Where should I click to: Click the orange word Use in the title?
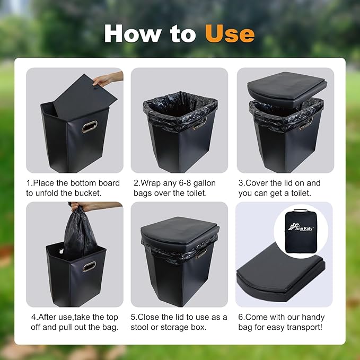point(230,33)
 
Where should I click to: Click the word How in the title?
point(133,33)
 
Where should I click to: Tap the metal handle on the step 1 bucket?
point(90,127)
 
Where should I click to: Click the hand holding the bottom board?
point(108,79)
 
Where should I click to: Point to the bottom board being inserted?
point(85,98)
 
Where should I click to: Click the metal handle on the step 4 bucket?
point(89,266)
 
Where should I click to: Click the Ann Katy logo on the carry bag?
point(301,227)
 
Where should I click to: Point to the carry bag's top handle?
point(301,210)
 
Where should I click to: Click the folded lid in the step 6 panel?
point(280,273)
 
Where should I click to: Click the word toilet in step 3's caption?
point(301,193)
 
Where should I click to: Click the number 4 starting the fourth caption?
point(33,317)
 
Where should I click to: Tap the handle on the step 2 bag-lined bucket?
point(200,125)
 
